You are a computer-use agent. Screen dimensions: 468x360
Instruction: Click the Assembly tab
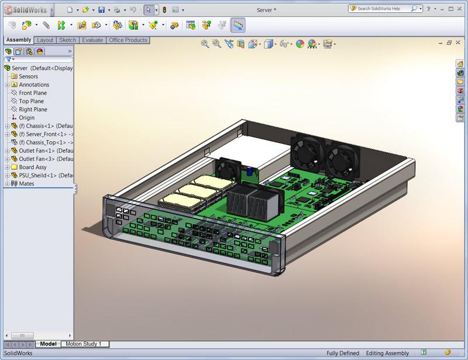click(x=19, y=40)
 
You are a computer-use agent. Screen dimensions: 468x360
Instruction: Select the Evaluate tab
click(x=92, y=40)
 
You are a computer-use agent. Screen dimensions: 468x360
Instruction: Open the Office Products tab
click(x=128, y=40)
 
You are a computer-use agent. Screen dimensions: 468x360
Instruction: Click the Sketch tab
click(x=67, y=40)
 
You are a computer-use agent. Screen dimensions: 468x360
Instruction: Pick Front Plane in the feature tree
click(x=33, y=93)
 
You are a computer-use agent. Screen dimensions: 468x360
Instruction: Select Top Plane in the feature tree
click(x=31, y=101)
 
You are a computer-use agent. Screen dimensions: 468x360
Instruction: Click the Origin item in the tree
click(x=26, y=118)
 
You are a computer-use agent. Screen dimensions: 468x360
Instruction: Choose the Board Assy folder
click(x=33, y=167)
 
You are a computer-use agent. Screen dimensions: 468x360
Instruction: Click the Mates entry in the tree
click(x=26, y=184)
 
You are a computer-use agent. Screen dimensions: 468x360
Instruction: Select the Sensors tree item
click(x=28, y=77)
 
